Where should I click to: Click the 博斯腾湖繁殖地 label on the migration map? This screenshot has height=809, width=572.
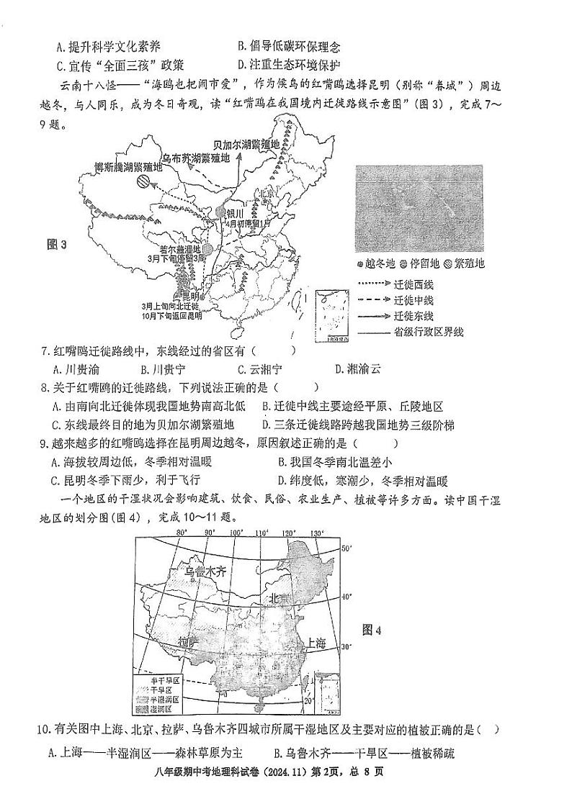click(x=129, y=166)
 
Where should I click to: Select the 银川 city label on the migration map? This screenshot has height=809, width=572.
click(x=236, y=214)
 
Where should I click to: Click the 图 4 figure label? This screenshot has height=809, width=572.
click(x=372, y=630)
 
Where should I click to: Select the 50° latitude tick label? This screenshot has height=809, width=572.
click(x=344, y=548)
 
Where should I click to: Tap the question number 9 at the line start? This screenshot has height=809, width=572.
click(x=43, y=444)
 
